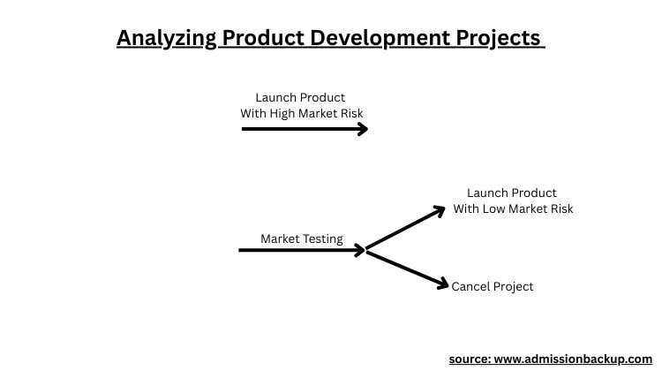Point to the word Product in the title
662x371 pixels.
(255, 39)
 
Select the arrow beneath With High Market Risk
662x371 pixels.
(300, 129)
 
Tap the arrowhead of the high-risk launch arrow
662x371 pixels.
(362, 129)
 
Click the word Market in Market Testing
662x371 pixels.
(279, 238)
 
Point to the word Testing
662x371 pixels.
(321, 238)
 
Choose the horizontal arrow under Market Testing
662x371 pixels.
(300, 250)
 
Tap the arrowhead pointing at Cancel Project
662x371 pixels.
(443, 284)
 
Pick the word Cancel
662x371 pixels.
(470, 286)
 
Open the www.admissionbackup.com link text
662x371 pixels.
(577, 359)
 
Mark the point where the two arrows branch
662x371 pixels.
(366, 250)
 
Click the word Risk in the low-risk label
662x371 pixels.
(559, 208)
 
